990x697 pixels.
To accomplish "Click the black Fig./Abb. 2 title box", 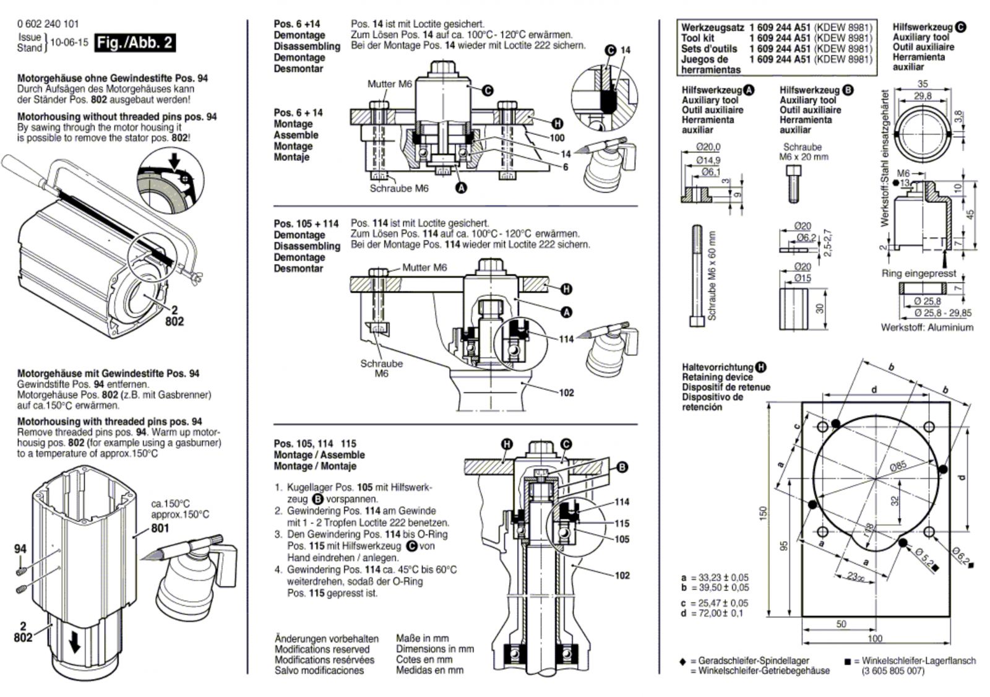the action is [135, 43].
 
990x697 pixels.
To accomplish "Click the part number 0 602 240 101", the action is [48, 24].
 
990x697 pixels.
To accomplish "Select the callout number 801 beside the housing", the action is [160, 528].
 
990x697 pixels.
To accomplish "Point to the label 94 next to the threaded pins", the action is [20, 549].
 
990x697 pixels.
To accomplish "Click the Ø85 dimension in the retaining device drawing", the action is [898, 465].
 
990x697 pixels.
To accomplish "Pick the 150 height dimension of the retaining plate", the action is [764, 513].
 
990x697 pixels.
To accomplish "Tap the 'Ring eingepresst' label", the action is [919, 274].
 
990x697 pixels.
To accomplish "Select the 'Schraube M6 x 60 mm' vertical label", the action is [712, 275].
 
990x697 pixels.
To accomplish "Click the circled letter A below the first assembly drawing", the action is [462, 188].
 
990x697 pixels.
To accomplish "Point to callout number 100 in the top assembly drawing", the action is [557, 138].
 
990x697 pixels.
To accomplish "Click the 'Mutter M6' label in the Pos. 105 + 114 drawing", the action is [424, 267].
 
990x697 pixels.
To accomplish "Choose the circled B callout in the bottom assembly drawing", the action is [622, 467].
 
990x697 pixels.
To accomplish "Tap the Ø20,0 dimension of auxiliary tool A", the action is [708, 147].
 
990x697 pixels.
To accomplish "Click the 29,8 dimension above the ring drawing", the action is [923, 95].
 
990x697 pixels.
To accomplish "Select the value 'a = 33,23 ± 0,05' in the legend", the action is [715, 578].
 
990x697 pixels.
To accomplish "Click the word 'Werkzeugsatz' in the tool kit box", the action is [712, 28].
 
